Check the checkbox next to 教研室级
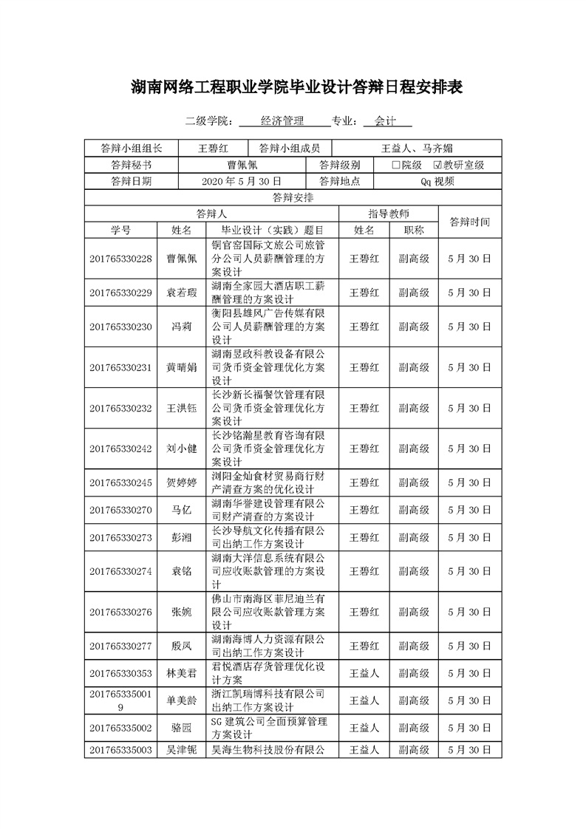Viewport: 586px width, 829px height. (437, 165)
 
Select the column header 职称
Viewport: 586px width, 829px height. (414, 230)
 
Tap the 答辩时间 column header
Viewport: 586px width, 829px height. (469, 222)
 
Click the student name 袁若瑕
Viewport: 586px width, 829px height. (182, 293)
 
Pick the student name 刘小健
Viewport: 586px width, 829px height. (182, 448)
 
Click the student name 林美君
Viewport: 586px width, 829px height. (182, 673)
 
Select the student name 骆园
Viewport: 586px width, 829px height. (182, 728)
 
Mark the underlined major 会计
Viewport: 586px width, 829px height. (386, 120)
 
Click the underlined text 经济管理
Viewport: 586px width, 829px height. (283, 120)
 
